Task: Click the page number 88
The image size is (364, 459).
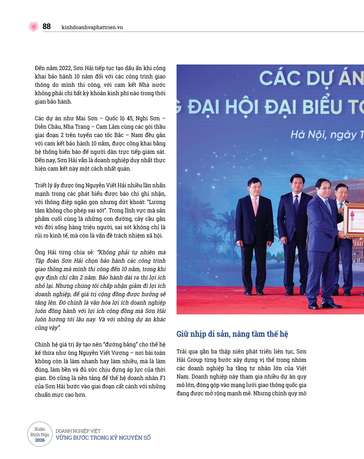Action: tap(46, 27)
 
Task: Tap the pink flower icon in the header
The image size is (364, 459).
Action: tap(34, 27)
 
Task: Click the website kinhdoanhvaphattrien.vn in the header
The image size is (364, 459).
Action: tap(92, 27)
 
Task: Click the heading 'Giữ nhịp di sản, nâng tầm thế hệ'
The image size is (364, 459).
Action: tap(232, 334)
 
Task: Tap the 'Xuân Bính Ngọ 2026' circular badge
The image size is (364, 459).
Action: tap(40, 434)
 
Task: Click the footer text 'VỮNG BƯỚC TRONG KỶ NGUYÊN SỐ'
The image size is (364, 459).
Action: tap(103, 438)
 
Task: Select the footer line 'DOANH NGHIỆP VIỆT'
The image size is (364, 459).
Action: tap(78, 431)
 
